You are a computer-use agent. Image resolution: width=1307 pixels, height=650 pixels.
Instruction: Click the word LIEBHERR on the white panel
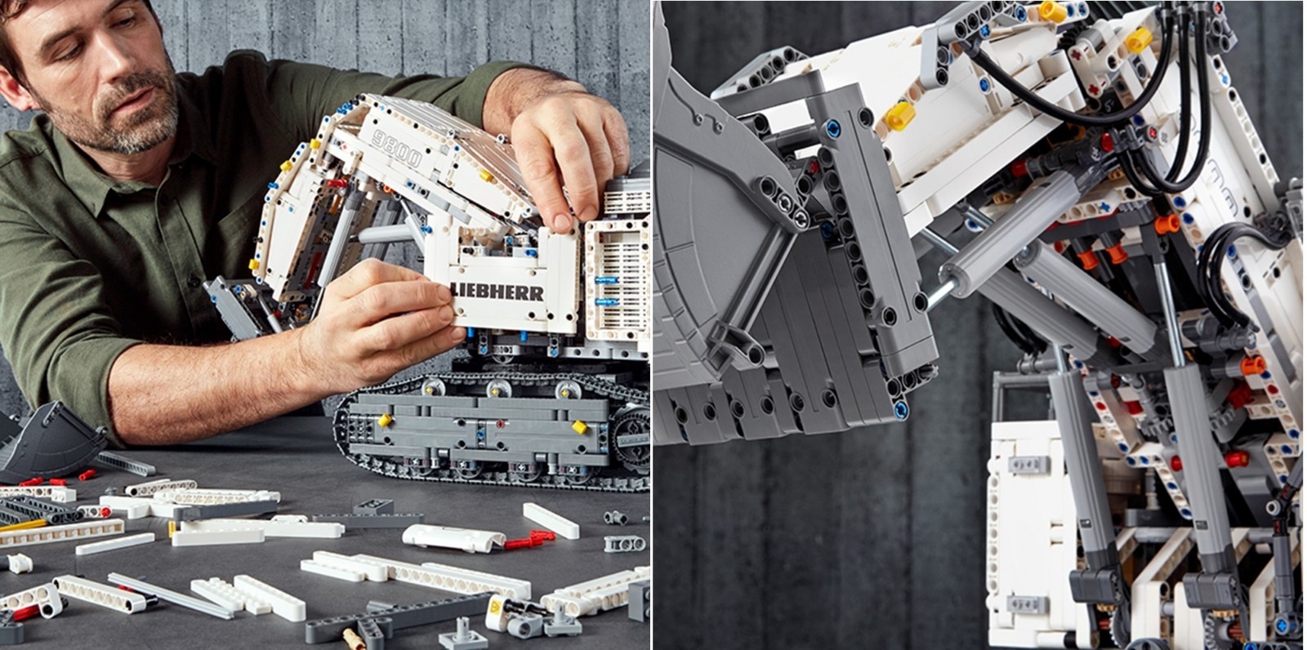pyautogui.click(x=497, y=292)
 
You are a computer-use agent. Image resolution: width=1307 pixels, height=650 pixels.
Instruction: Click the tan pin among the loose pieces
pyautogui.click(x=353, y=639)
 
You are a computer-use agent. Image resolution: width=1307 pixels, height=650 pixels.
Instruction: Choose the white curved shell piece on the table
pyautogui.click(x=453, y=536)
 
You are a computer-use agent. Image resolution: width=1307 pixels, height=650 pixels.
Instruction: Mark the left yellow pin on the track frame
pyautogui.click(x=384, y=420)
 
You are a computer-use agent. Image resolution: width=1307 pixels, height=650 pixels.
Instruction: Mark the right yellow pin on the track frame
pyautogui.click(x=579, y=427)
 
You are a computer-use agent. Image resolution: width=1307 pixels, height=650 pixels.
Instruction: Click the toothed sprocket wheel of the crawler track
pyautogui.click(x=632, y=439)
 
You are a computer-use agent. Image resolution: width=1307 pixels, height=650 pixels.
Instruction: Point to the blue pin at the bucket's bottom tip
pyautogui.click(x=901, y=409)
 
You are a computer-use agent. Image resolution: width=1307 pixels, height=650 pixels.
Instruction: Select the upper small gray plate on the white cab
pyautogui.click(x=1028, y=465)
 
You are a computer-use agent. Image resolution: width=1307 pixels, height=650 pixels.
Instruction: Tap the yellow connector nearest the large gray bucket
pyautogui.click(x=899, y=116)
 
